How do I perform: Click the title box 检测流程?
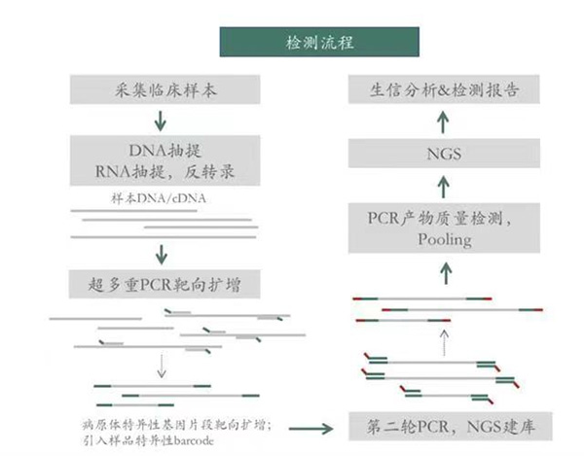293,42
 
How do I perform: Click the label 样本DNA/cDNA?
146,201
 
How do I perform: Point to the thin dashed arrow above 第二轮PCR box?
443,340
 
